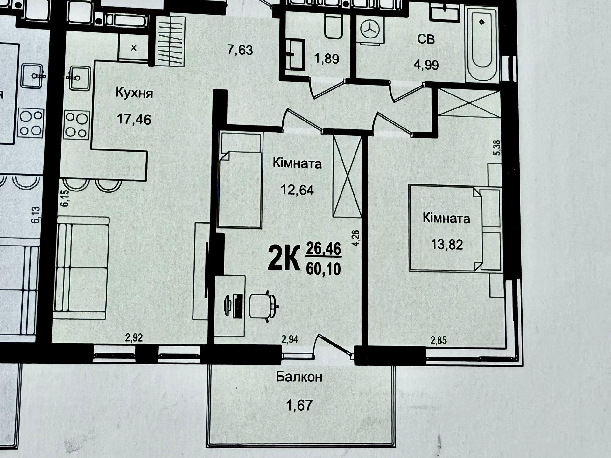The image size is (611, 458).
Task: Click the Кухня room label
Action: (x=134, y=93)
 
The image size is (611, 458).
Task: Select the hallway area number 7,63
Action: (x=240, y=50)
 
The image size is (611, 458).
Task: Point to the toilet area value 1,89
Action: (x=327, y=59)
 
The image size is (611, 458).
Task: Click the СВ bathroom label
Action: (x=426, y=39)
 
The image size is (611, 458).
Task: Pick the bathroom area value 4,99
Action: (x=426, y=65)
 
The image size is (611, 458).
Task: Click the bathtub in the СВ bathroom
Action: (x=482, y=45)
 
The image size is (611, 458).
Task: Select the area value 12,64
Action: (x=297, y=190)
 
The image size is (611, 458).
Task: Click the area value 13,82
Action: (x=447, y=245)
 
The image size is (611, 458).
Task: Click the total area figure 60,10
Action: (x=323, y=269)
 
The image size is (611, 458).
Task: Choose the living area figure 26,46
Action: (x=323, y=248)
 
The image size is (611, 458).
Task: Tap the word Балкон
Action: (x=299, y=377)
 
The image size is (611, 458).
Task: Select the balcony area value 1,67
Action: (x=299, y=406)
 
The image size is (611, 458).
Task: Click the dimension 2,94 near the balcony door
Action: (x=290, y=339)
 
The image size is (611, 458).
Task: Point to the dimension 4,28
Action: (x=355, y=238)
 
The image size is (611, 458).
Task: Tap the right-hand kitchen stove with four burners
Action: (x=76, y=125)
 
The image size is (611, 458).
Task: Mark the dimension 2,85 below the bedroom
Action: (x=439, y=341)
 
